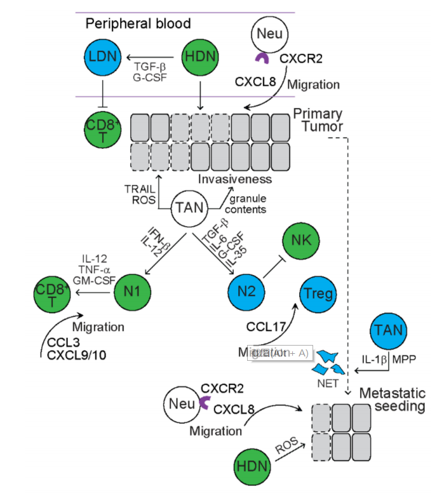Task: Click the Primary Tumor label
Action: (x=318, y=121)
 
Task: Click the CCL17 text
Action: (x=265, y=327)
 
